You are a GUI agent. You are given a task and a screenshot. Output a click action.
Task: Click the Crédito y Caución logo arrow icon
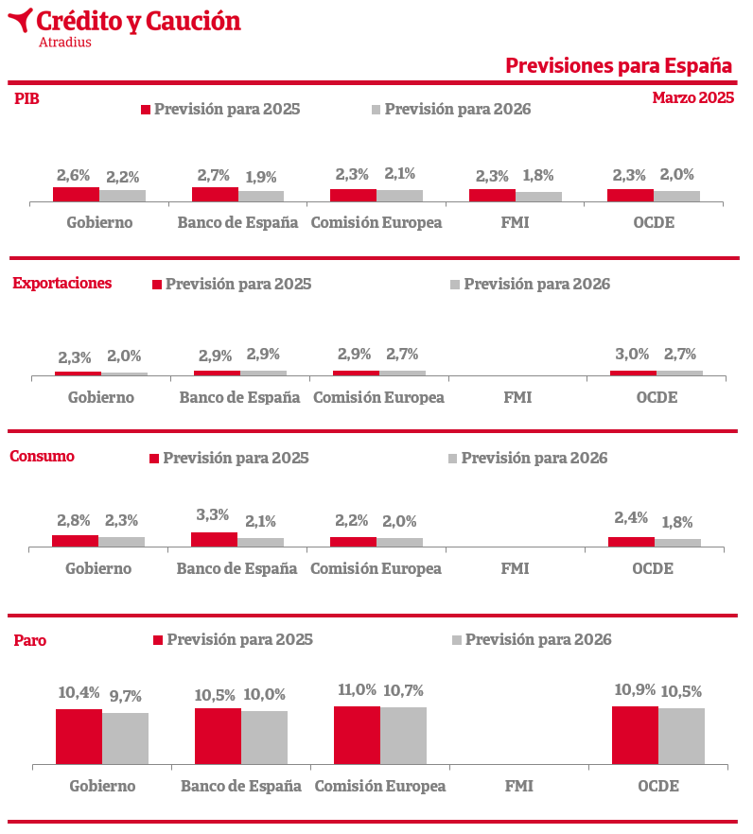click(x=20, y=20)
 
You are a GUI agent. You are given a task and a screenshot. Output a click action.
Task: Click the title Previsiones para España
click(x=619, y=66)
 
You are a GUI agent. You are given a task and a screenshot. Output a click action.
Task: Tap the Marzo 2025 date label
click(x=692, y=98)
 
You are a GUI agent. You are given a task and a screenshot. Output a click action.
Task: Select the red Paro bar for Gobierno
click(x=79, y=737)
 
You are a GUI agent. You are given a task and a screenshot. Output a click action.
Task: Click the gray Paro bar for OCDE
click(x=682, y=736)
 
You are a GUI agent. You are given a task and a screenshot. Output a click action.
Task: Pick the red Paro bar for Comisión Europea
click(x=357, y=736)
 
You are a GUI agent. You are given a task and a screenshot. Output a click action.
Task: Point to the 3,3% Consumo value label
click(x=212, y=514)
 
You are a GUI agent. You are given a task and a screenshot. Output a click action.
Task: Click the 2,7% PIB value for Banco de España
click(x=214, y=175)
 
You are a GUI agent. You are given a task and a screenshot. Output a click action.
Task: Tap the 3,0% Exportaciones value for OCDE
click(x=632, y=354)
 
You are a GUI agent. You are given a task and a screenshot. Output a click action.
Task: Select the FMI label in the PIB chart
click(x=516, y=222)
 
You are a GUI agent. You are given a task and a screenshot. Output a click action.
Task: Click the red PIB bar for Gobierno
click(x=76, y=195)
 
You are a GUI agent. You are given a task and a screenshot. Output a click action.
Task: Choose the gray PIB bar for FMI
click(x=538, y=197)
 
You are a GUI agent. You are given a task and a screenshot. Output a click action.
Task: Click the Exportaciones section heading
click(x=62, y=283)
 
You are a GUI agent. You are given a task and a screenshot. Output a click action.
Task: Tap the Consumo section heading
click(x=42, y=457)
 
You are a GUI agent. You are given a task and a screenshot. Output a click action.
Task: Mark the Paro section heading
click(x=30, y=640)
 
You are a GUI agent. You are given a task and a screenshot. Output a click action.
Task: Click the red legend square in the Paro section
click(x=158, y=640)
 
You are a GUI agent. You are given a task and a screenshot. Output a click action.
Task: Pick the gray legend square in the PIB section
click(x=376, y=110)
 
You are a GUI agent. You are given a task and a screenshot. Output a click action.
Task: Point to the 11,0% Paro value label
click(x=357, y=690)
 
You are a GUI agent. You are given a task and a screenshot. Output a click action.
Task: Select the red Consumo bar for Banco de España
click(x=214, y=539)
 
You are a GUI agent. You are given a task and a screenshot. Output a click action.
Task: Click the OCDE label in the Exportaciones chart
click(x=657, y=397)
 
